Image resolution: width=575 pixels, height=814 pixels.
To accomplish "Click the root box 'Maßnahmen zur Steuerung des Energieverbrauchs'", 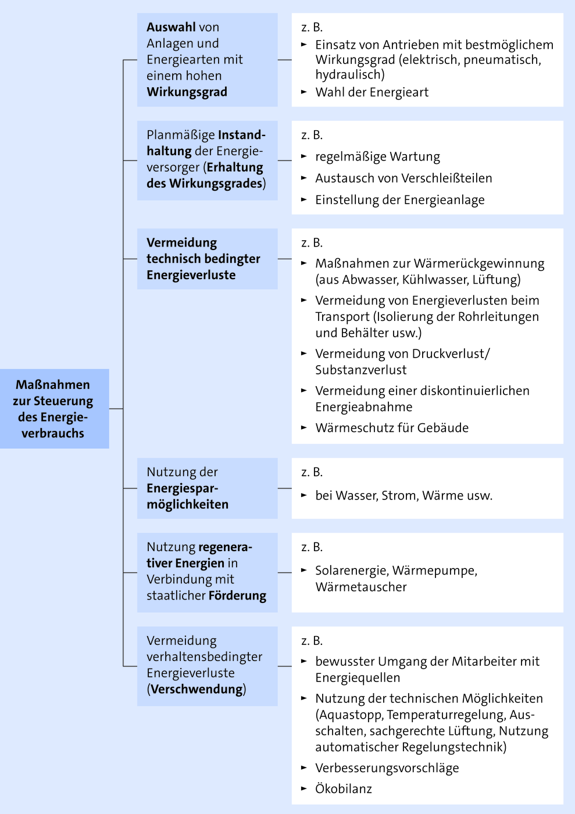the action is [x=55, y=408].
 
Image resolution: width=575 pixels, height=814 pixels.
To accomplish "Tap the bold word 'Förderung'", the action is [x=237, y=595].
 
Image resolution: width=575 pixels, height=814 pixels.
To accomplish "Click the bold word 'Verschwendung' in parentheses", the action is [x=197, y=689].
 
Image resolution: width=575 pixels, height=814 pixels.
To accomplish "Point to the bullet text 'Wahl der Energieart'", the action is [x=372, y=92].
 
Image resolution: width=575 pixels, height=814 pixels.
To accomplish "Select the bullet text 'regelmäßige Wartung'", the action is [x=378, y=156].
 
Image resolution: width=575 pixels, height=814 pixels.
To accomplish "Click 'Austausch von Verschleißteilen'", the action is [x=403, y=178].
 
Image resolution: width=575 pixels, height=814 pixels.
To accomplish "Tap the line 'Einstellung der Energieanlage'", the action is [x=400, y=200].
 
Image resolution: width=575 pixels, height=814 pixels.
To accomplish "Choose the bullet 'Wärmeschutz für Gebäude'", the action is [x=392, y=428].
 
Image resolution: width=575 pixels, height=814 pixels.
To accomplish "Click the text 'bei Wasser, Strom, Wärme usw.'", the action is [x=404, y=495].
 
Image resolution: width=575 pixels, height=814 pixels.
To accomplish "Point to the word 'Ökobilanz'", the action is [x=344, y=788].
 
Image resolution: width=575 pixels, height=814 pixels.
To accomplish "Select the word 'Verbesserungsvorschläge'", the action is [x=387, y=768].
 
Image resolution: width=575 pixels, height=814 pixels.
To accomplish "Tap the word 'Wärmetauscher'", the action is [x=361, y=587].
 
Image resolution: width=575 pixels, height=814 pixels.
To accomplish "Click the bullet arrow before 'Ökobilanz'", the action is [x=304, y=788].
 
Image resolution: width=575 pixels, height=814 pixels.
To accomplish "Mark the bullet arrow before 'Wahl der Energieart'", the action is [x=304, y=92].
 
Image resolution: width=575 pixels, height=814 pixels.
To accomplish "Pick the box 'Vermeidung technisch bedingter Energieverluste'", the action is [x=207, y=259].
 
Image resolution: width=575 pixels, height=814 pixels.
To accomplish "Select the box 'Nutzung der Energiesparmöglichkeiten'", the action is [x=207, y=488].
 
